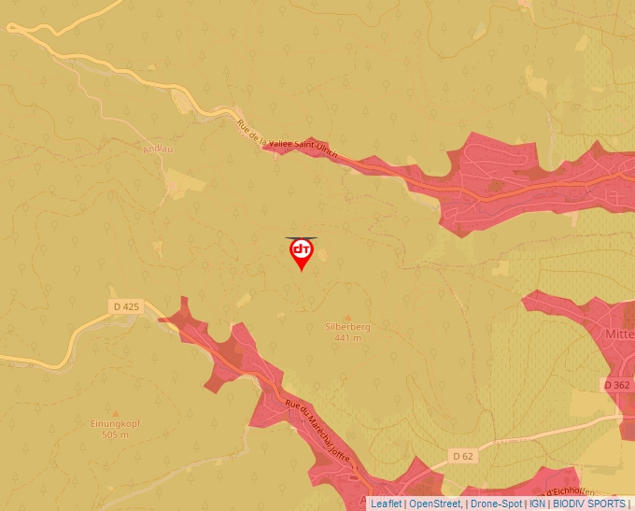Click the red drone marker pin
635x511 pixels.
point(302,252)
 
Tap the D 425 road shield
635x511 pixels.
point(125,306)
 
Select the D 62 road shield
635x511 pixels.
point(462,456)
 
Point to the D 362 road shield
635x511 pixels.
point(616,384)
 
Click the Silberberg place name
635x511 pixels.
point(347,327)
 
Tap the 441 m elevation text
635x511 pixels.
point(347,337)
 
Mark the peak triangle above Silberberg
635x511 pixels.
point(347,317)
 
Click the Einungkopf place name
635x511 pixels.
point(115,423)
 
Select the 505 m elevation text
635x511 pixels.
point(115,434)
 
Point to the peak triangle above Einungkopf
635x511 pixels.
point(115,413)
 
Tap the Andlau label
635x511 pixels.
point(159,148)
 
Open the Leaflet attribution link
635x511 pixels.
point(386,504)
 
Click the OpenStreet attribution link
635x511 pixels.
point(434,504)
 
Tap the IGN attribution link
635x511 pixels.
point(537,504)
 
